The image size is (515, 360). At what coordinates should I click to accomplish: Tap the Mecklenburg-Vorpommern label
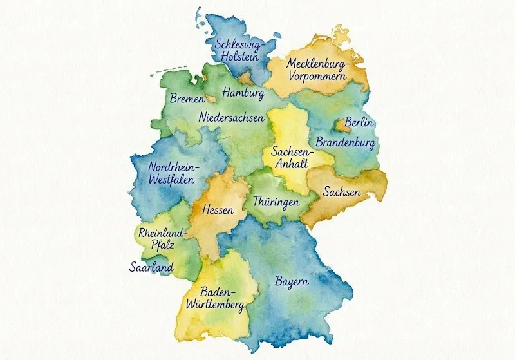[317, 70]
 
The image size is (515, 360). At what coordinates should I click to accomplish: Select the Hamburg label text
[243, 94]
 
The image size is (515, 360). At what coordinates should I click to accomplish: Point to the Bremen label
[187, 100]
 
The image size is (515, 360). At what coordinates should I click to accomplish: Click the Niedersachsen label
[231, 118]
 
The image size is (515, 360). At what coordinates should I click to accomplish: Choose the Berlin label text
[360, 122]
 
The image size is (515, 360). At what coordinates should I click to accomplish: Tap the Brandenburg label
[345, 141]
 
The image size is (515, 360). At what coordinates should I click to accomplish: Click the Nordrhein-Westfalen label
[174, 173]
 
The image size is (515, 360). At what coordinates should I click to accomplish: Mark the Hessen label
[218, 210]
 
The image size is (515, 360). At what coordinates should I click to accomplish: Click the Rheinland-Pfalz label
[161, 238]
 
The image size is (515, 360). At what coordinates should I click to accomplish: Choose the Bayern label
[292, 282]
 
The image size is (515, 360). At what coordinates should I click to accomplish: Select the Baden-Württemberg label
[214, 298]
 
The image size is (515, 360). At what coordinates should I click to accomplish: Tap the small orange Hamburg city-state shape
[246, 79]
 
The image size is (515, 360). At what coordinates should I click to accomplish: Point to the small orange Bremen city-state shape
[209, 99]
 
